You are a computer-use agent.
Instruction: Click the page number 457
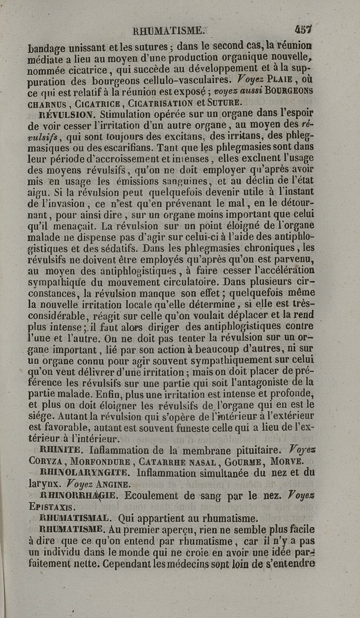[304, 30]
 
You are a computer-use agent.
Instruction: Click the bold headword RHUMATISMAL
[74, 518]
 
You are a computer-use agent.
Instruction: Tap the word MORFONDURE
[107, 461]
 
